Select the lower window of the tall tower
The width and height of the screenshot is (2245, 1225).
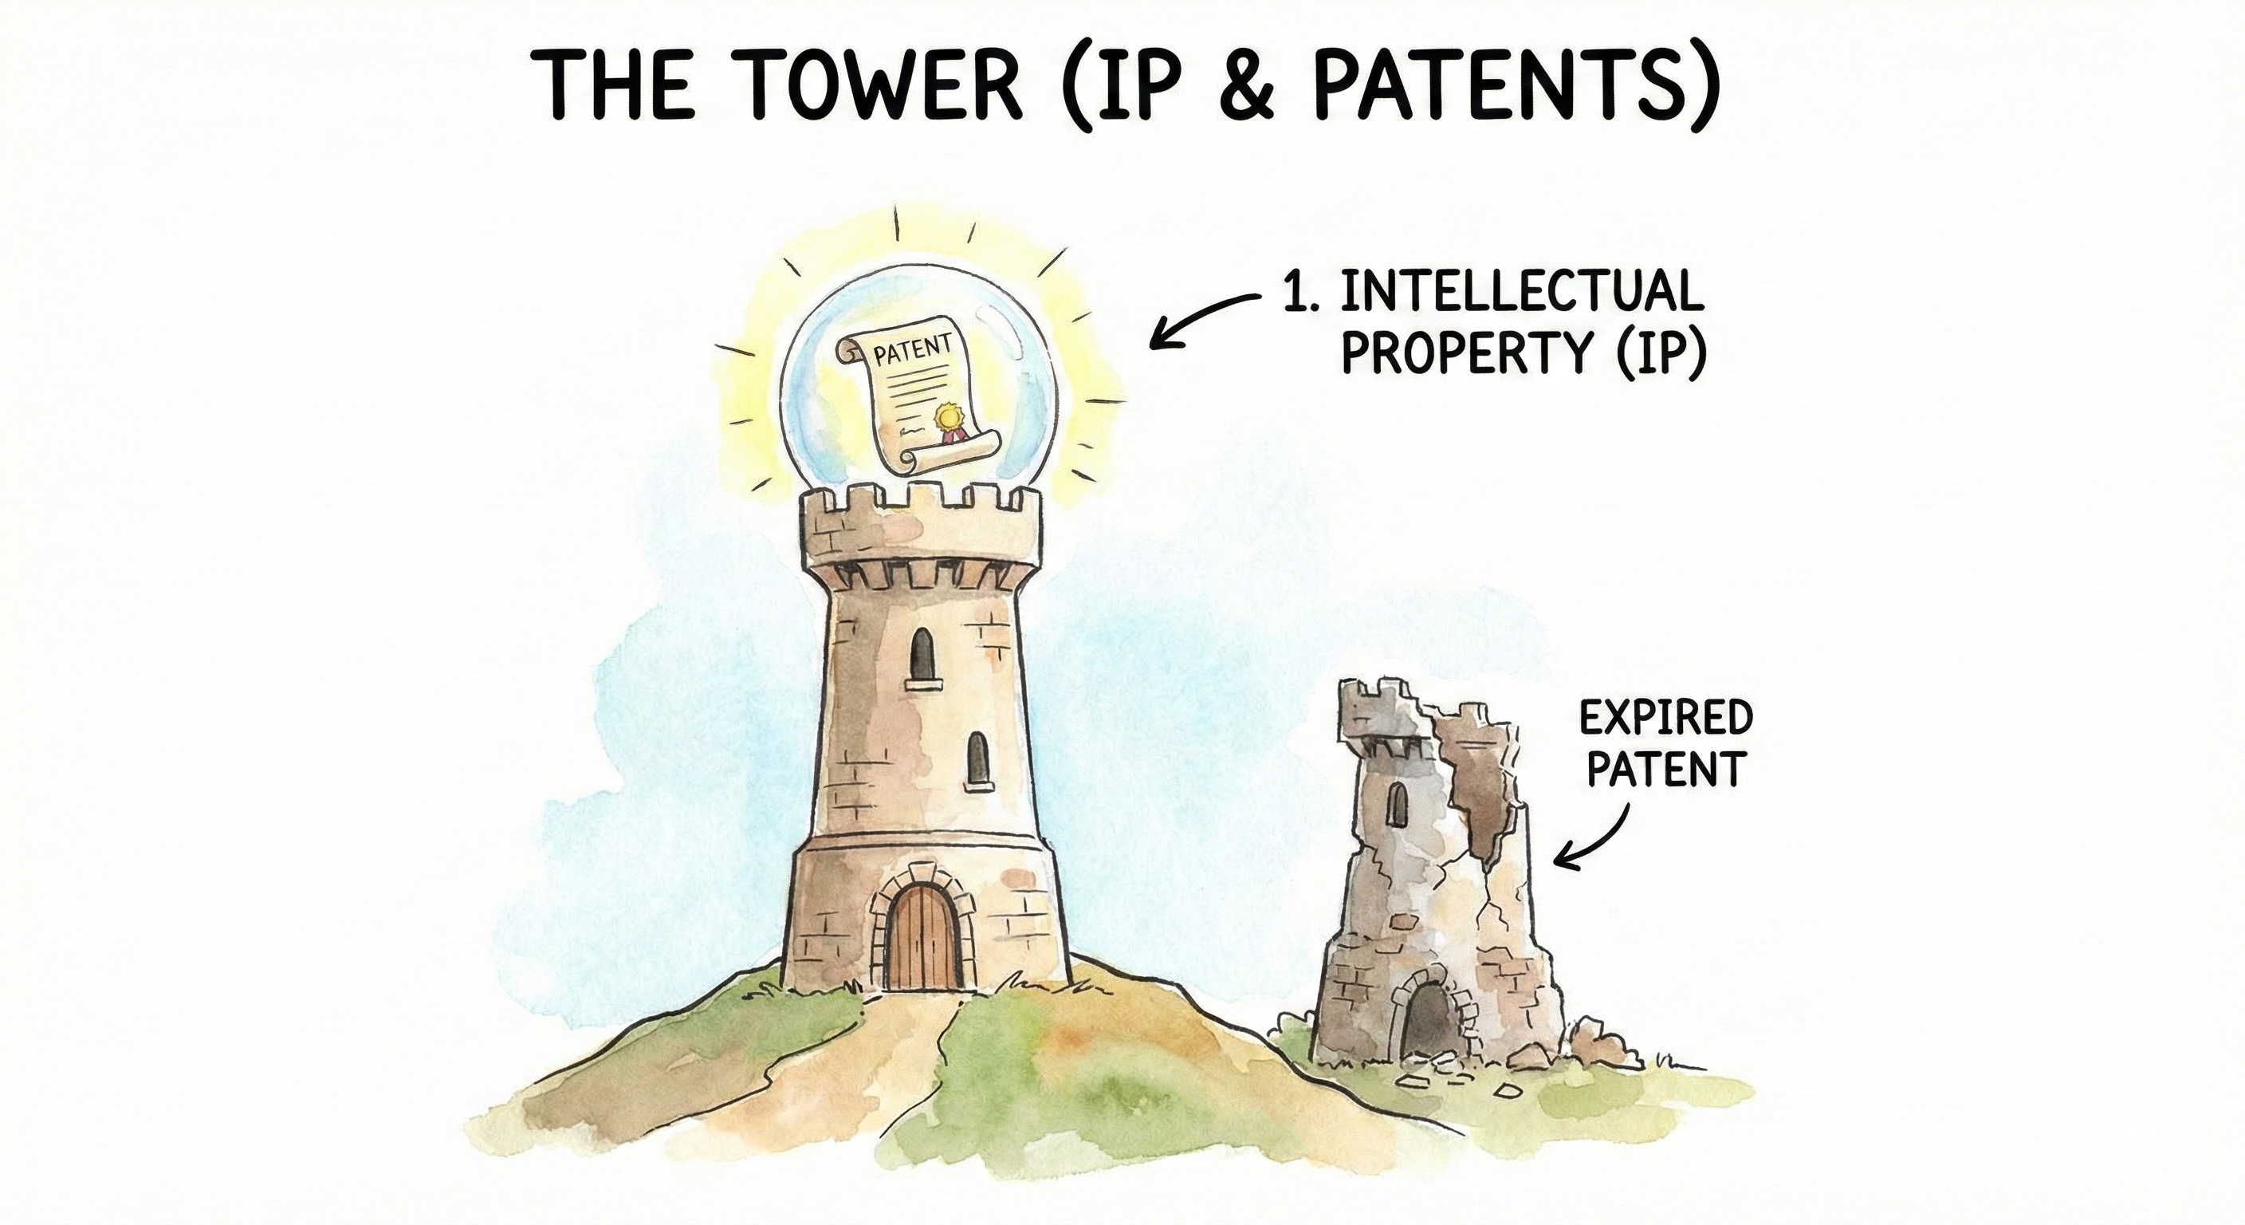point(979,758)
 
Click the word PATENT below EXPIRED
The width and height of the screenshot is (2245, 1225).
point(1665,769)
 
